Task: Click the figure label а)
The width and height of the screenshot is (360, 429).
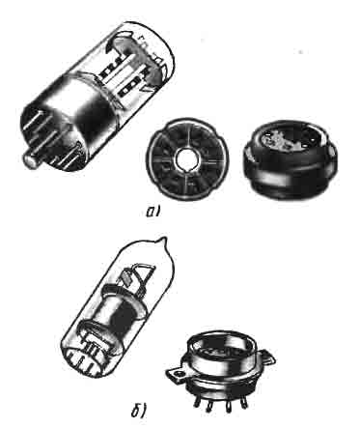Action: [153, 212]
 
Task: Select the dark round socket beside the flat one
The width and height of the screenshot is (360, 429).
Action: [291, 158]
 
